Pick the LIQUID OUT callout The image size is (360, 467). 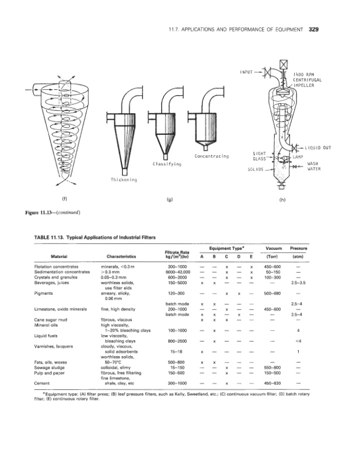pos(318,148)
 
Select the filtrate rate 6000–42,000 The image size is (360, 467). pos(176,271)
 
